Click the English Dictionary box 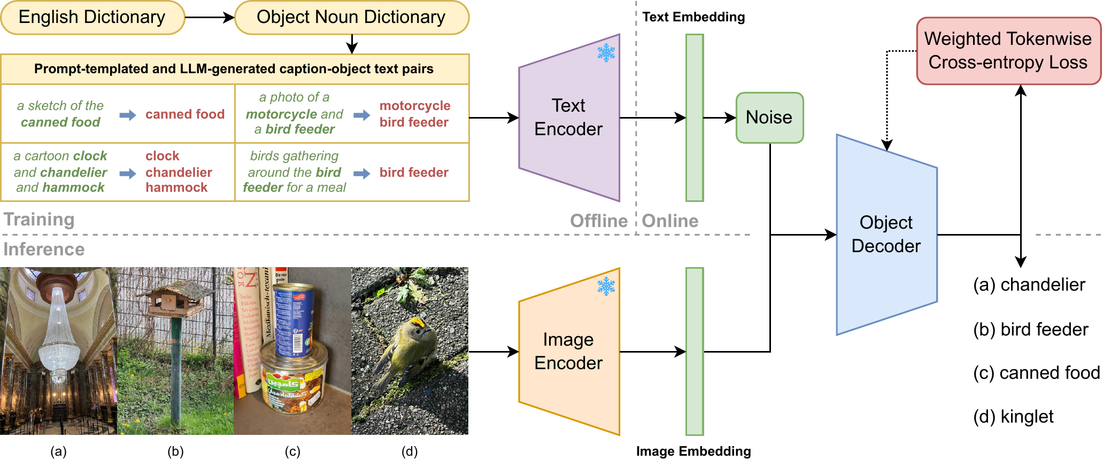[92, 18]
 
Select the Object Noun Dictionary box [351, 18]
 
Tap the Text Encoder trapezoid [568, 118]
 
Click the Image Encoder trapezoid [568, 352]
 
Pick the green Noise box [769, 118]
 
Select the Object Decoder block [886, 235]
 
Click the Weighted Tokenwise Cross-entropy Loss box [1008, 51]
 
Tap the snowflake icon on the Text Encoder [606, 53]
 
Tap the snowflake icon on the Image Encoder [606, 286]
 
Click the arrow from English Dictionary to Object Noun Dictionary [209, 18]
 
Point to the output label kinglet [1027, 417]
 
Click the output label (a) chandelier [1029, 285]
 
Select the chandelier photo [58, 350]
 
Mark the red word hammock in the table [176, 188]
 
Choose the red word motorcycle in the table [415, 106]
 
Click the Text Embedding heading [693, 17]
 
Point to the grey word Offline [598, 221]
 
